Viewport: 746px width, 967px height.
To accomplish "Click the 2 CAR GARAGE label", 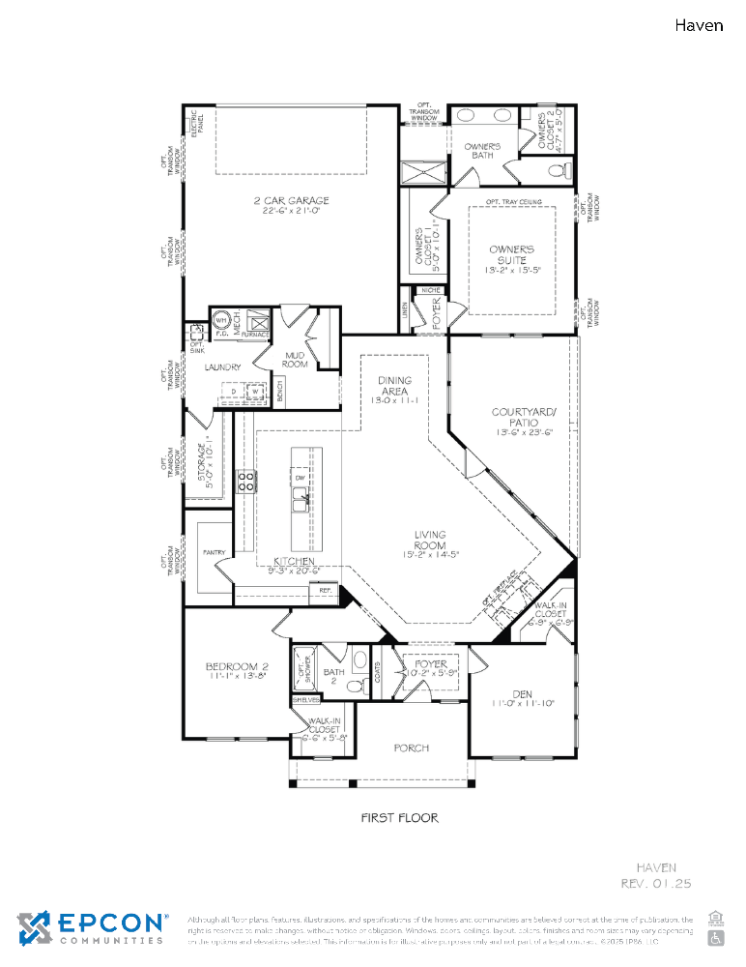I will click(291, 201).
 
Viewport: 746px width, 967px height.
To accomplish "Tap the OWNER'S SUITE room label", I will click(511, 254).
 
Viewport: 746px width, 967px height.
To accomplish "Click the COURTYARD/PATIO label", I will click(524, 418).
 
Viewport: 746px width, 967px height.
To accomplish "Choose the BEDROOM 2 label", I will click(237, 667).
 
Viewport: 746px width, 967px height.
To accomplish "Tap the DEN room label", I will click(522, 694).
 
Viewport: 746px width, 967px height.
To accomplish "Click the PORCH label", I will click(412, 747).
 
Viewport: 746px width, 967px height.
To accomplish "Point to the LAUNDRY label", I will click(222, 367).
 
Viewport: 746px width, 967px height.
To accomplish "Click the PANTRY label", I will click(214, 553).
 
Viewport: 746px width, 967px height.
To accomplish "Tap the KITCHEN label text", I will click(294, 561).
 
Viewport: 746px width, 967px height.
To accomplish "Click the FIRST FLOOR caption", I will click(399, 818).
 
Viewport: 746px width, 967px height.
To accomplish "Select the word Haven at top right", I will click(698, 25).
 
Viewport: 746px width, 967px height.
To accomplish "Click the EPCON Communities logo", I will click(92, 926).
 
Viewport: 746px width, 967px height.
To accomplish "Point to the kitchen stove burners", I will click(245, 481).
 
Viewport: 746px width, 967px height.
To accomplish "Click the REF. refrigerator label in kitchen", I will click(326, 590).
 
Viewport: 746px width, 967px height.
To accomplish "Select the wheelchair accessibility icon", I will click(716, 937).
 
